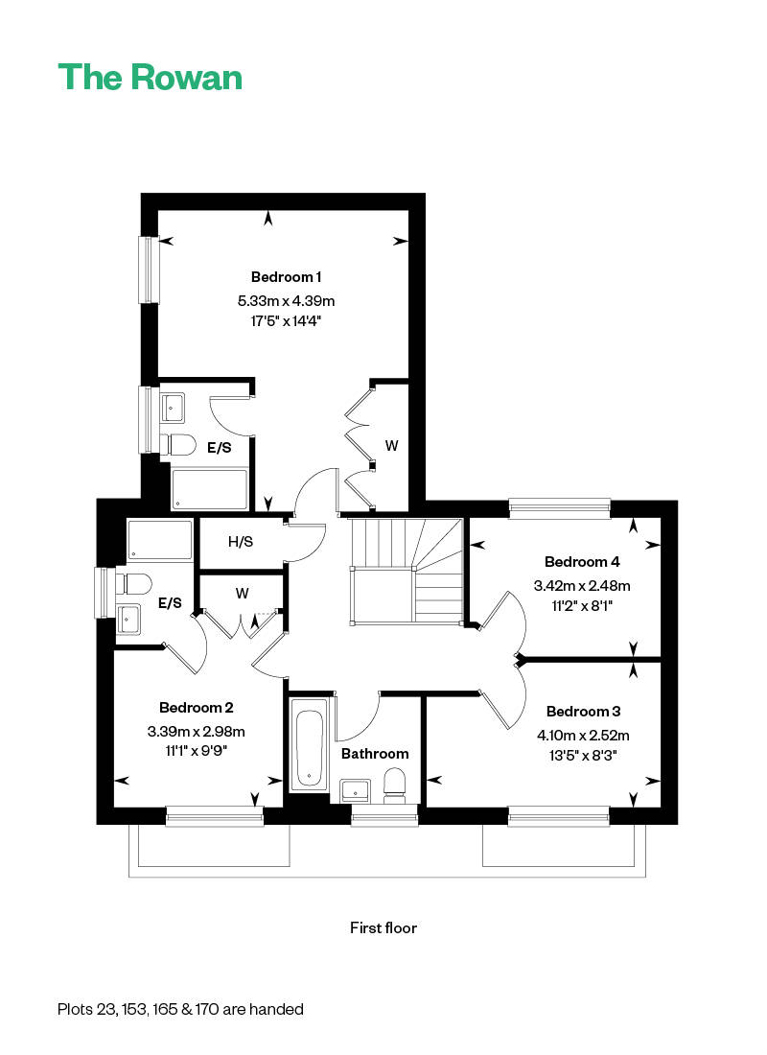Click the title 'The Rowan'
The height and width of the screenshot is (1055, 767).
point(150,77)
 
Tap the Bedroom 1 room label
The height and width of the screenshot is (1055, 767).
point(286,276)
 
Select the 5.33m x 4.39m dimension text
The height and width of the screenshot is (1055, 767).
point(286,301)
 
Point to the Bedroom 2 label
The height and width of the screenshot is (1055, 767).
point(196,707)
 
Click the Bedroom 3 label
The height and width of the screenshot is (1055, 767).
point(583,712)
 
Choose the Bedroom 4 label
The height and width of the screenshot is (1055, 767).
point(582,561)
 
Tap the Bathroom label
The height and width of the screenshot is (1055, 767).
point(375,754)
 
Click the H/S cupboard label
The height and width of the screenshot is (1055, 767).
point(241,542)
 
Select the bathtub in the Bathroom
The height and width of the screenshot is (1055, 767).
point(310,745)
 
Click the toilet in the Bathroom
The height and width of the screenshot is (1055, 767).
point(395,786)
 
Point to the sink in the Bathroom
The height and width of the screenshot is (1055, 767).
point(356,790)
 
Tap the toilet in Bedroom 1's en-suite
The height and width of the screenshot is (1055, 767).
point(177,445)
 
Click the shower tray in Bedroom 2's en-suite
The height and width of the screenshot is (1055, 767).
point(159,540)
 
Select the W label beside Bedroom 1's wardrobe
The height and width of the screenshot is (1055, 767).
point(391,445)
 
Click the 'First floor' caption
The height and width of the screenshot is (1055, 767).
point(383,927)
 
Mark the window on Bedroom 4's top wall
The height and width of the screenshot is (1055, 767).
point(560,508)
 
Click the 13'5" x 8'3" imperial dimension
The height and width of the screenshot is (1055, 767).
point(583,756)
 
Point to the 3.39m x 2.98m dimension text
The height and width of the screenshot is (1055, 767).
point(196,732)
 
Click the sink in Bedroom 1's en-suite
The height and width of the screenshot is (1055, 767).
point(173,409)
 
